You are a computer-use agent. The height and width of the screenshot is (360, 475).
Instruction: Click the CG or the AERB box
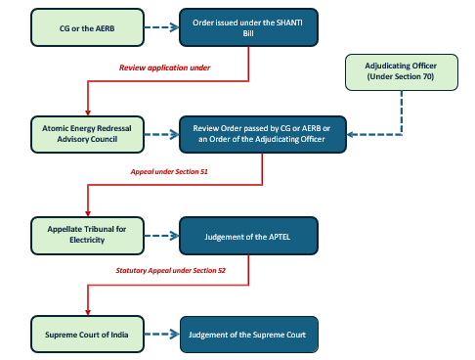74,29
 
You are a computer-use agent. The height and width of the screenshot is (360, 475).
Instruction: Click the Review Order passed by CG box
262,134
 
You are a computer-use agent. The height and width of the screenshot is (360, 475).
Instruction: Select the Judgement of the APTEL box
247,234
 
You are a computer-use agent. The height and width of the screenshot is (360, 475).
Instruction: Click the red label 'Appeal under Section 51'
169,171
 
